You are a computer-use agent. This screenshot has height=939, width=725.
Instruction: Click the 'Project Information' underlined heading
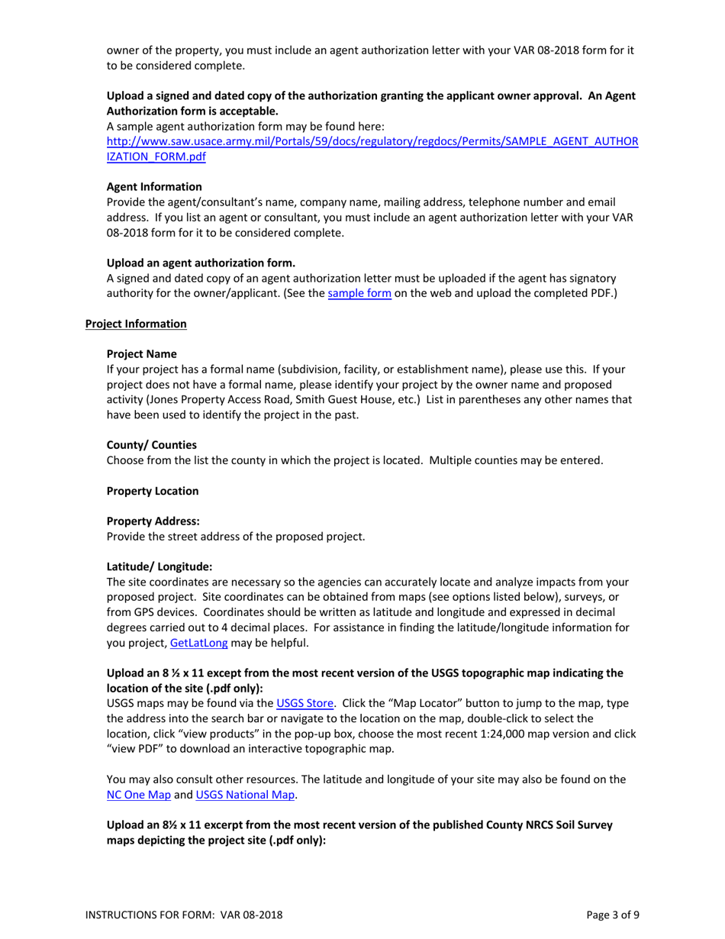[136, 324]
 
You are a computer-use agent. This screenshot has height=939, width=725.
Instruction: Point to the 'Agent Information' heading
[154, 187]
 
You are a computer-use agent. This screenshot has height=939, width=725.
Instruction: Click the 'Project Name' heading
[142, 354]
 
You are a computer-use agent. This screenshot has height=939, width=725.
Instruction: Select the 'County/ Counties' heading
[152, 445]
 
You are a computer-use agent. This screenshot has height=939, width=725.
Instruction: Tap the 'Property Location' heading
[153, 491]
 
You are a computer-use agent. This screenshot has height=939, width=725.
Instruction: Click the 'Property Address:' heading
[153, 521]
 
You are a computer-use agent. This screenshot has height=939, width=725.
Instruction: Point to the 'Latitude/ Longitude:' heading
[159, 566]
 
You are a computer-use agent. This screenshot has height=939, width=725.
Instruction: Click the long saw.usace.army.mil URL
[372, 142]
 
